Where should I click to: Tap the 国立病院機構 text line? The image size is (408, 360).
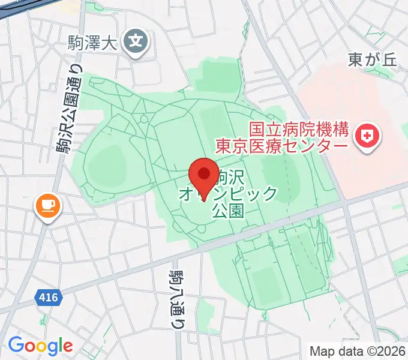298,129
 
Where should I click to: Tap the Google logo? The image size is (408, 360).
40,345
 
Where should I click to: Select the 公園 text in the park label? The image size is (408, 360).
228,211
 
